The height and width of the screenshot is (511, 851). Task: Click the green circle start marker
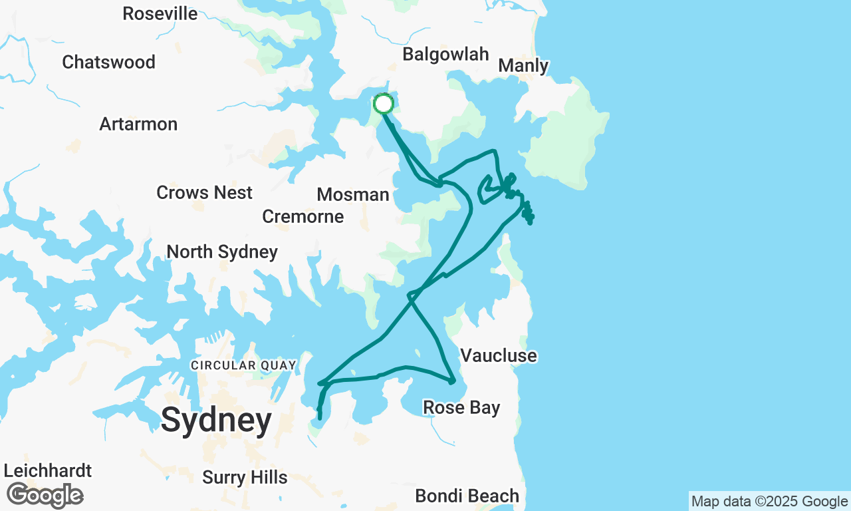pyautogui.click(x=384, y=104)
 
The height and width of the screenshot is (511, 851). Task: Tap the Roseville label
pyautogui.click(x=160, y=13)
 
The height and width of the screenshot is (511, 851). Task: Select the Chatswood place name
pyautogui.click(x=108, y=62)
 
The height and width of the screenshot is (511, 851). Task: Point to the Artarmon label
pyautogui.click(x=138, y=124)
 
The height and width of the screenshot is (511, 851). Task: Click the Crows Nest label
pyautogui.click(x=204, y=192)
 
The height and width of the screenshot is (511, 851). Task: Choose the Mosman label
pyautogui.click(x=352, y=194)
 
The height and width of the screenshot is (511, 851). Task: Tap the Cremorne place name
pyautogui.click(x=303, y=216)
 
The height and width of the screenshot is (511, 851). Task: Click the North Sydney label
pyautogui.click(x=222, y=252)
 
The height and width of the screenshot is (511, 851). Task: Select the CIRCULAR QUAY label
pyautogui.click(x=242, y=365)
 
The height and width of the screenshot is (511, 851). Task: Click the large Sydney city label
pyautogui.click(x=216, y=420)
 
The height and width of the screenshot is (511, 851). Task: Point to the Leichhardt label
pyautogui.click(x=48, y=470)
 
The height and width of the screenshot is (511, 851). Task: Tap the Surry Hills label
pyautogui.click(x=245, y=477)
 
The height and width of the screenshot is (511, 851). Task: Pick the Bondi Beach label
pyautogui.click(x=467, y=496)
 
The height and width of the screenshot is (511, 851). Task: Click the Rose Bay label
pyautogui.click(x=461, y=407)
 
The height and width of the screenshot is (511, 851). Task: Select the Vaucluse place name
pyautogui.click(x=498, y=355)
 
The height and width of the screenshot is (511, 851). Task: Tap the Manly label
pyautogui.click(x=523, y=65)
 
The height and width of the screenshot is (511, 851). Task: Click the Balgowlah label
pyautogui.click(x=445, y=54)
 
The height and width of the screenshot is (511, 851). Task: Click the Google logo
pyautogui.click(x=45, y=496)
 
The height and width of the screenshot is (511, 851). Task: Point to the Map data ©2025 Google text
pyautogui.click(x=769, y=502)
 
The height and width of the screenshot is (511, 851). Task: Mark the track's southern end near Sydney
pyautogui.click(x=320, y=418)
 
